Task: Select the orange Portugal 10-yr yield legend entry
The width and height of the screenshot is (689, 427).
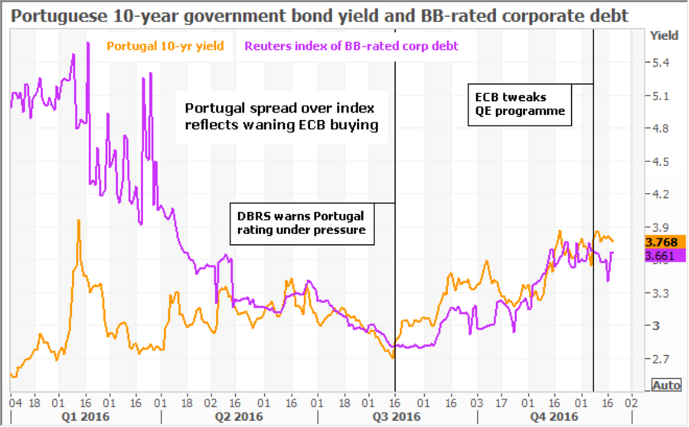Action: pos(165,46)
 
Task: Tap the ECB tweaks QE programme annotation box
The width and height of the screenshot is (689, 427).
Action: pos(520,104)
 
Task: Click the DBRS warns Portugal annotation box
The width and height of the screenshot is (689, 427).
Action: pos(302,223)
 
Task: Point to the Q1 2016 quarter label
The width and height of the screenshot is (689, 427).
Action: pos(86,416)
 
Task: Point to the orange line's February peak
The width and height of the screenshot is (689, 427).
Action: pos(78,220)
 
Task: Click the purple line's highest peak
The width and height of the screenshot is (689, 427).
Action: pos(73,54)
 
